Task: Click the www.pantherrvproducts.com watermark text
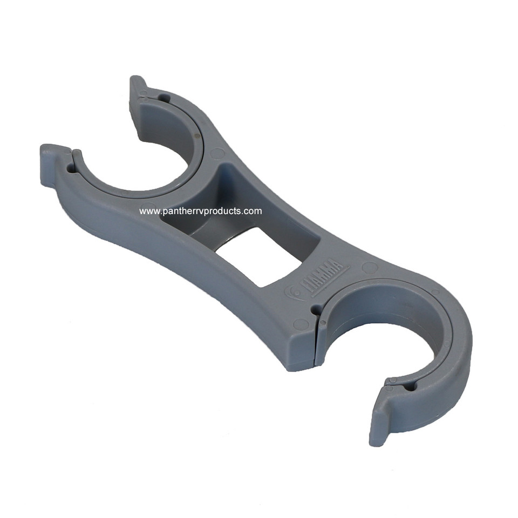[x=200, y=211]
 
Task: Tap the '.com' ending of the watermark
[x=253, y=211]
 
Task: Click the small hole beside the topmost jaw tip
[x=163, y=99]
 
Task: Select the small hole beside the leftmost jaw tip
[x=71, y=168]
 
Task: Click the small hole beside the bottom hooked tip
[x=408, y=386]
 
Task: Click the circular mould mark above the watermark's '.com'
[x=217, y=153]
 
